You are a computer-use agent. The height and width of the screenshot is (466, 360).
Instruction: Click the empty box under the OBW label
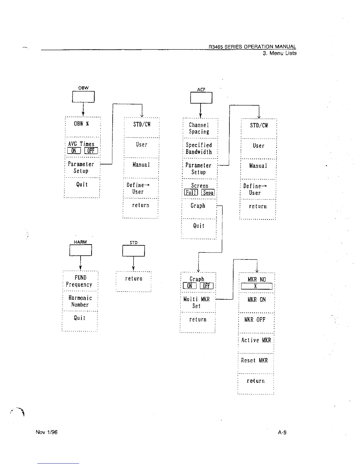pyautogui.click(x=83, y=97)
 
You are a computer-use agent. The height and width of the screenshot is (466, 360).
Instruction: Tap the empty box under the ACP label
pyautogui.click(x=201, y=98)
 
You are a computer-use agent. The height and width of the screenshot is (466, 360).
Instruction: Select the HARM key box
pyautogui.click(x=81, y=250)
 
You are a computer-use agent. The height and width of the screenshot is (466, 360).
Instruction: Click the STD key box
pyautogui.click(x=134, y=251)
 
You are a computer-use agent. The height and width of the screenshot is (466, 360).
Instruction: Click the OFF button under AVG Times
pyautogui.click(x=91, y=151)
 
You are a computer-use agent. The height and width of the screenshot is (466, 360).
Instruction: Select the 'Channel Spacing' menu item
pyautogui.click(x=199, y=129)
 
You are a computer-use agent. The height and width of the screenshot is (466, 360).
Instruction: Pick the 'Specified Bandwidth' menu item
pyautogui.click(x=199, y=149)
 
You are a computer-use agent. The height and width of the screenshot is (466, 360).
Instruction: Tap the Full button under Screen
pyautogui.click(x=191, y=193)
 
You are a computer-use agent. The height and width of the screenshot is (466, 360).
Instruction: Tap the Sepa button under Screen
pyautogui.click(x=208, y=193)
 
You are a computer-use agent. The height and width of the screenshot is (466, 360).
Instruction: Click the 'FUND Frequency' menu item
pyautogui.click(x=79, y=281)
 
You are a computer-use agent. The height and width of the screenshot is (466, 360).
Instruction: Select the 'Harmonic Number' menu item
pyautogui.click(x=80, y=301)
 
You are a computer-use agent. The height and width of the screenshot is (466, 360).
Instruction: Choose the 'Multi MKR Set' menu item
pyautogui.click(x=196, y=303)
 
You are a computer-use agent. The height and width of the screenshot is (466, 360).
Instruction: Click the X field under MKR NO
pyautogui.click(x=256, y=287)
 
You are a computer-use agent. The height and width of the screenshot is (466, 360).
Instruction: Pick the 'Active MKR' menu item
pyautogui.click(x=256, y=340)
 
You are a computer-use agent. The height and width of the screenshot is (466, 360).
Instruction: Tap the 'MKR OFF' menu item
pyautogui.click(x=255, y=320)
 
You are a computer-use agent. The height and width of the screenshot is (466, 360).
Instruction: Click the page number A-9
pyautogui.click(x=282, y=432)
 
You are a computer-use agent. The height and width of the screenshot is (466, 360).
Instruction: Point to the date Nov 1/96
pyautogui.click(x=46, y=432)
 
